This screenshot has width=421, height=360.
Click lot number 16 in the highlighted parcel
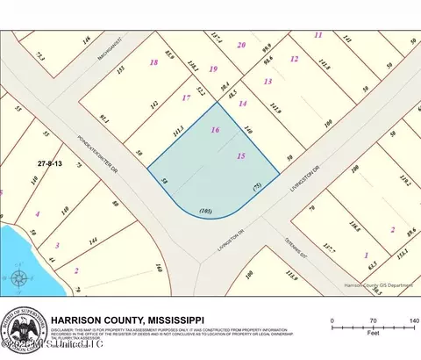[216, 129]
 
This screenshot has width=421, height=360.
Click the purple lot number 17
[185, 99]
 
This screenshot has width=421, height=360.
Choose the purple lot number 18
[153, 63]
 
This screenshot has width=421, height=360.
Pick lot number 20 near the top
[241, 45]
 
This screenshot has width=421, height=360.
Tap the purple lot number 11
[318, 35]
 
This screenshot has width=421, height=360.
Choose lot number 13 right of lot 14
[268, 81]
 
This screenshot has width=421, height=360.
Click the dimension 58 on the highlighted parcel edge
[164, 180]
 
